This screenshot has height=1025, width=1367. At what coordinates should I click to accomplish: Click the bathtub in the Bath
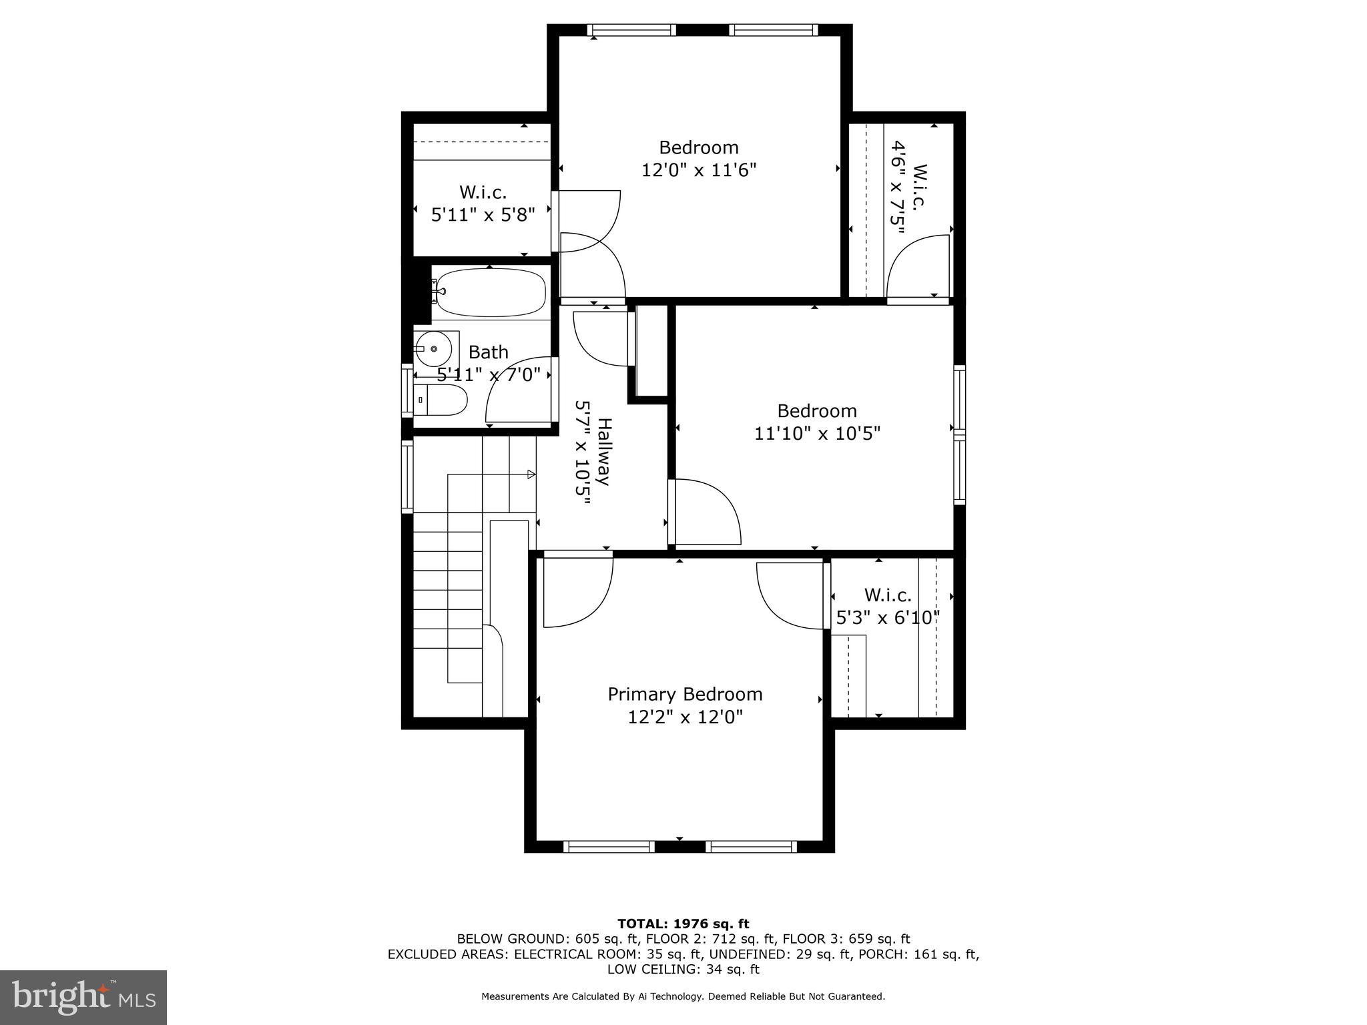[x=491, y=292]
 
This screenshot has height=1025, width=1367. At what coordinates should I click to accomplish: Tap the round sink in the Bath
[x=433, y=349]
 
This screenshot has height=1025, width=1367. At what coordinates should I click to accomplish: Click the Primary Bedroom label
[x=685, y=694]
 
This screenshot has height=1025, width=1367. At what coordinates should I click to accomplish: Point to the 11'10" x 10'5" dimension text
[x=817, y=434]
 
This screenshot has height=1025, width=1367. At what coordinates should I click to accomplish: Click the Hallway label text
[x=603, y=452]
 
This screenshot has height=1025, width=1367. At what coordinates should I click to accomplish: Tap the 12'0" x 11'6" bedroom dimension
[x=698, y=170]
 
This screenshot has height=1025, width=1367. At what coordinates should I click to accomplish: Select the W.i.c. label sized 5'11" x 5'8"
[x=483, y=193]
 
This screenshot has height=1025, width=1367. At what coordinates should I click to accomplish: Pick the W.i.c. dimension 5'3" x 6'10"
[x=888, y=619]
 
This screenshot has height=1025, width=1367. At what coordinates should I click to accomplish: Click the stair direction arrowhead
[x=531, y=474]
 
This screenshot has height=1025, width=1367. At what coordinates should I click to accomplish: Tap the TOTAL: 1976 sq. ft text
[x=683, y=924]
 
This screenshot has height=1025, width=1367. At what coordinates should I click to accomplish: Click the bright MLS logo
[x=83, y=997]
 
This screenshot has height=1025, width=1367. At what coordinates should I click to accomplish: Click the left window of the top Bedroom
[x=631, y=30]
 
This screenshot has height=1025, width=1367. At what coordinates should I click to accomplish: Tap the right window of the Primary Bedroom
[x=751, y=847]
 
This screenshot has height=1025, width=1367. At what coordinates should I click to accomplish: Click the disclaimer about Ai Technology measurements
[x=683, y=996]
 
